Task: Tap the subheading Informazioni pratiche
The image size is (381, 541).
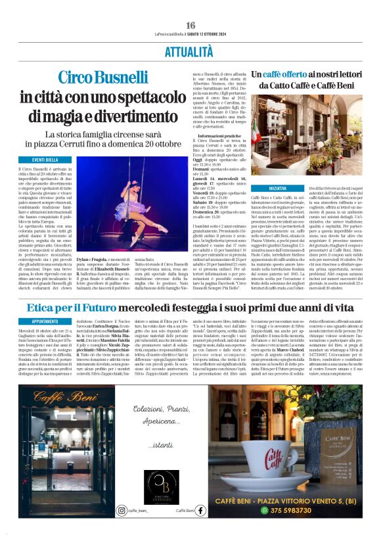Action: pyautogui.click(x=216, y=135)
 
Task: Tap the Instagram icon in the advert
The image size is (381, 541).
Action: pyautogui.click(x=122, y=510)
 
